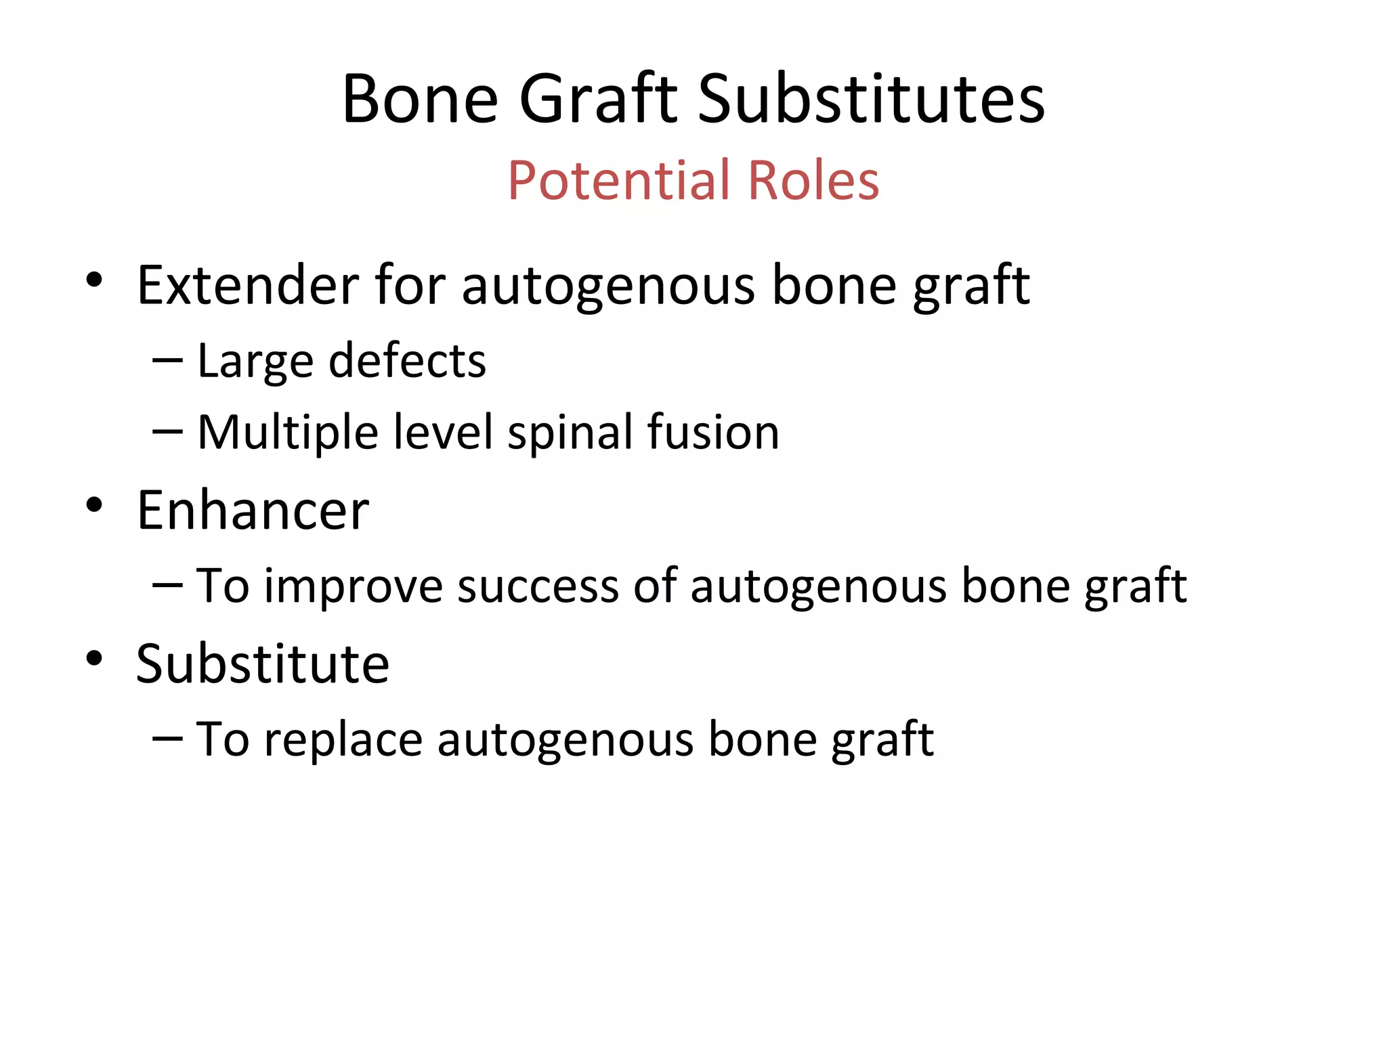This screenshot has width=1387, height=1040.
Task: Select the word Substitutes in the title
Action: [871, 100]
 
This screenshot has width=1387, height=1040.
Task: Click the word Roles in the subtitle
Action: [813, 181]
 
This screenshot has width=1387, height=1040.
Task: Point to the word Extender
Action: [248, 285]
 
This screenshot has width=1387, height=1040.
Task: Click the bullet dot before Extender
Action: [94, 279]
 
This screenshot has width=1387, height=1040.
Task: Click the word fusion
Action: [712, 432]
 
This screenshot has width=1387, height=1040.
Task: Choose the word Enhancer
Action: [253, 511]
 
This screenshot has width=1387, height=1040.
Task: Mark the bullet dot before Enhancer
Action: [94, 504]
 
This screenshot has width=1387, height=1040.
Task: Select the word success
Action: [538, 586]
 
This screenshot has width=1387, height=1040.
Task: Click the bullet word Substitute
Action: [262, 664]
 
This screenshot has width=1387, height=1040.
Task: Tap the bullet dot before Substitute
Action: [94, 658]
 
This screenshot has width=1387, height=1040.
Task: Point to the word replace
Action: [343, 740]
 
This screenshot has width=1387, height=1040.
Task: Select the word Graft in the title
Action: [598, 100]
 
